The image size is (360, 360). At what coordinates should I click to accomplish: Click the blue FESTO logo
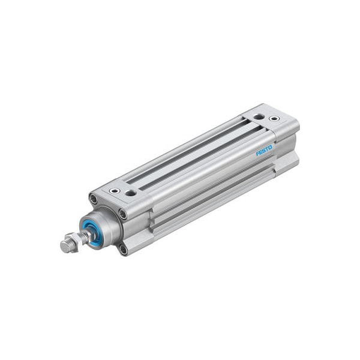(264, 151)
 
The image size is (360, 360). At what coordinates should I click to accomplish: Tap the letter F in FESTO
(257, 154)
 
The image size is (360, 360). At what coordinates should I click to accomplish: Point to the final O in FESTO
(270, 148)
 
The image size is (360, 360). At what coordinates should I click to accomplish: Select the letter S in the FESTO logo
(264, 151)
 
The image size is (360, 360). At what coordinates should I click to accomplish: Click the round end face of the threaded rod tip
(65, 247)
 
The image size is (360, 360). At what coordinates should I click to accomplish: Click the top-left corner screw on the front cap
(93, 199)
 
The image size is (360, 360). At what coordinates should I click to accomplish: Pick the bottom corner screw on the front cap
(124, 250)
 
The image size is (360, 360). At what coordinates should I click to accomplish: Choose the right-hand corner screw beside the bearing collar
(123, 214)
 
